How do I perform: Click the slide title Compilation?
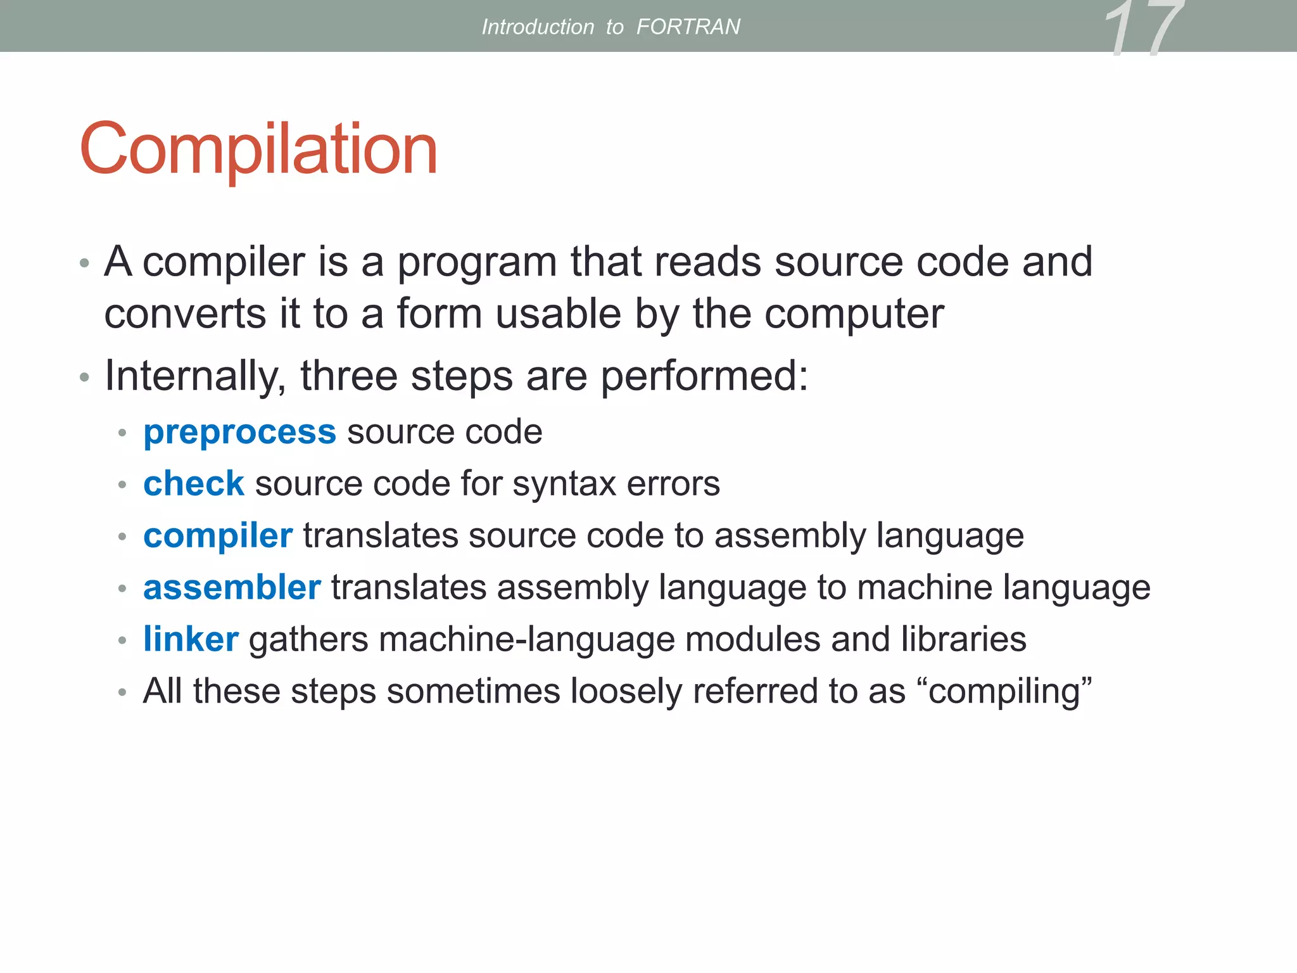258,149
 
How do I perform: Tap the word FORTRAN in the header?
688,27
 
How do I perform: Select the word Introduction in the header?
538,27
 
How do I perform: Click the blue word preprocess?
239,433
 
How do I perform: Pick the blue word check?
193,484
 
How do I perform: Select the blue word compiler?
218,536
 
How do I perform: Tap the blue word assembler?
232,587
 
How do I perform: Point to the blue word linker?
191,639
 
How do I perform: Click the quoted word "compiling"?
1010,691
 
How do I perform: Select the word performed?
704,376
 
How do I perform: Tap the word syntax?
564,484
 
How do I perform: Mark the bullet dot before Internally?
85,378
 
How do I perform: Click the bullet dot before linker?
123,640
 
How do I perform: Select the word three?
348,376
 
